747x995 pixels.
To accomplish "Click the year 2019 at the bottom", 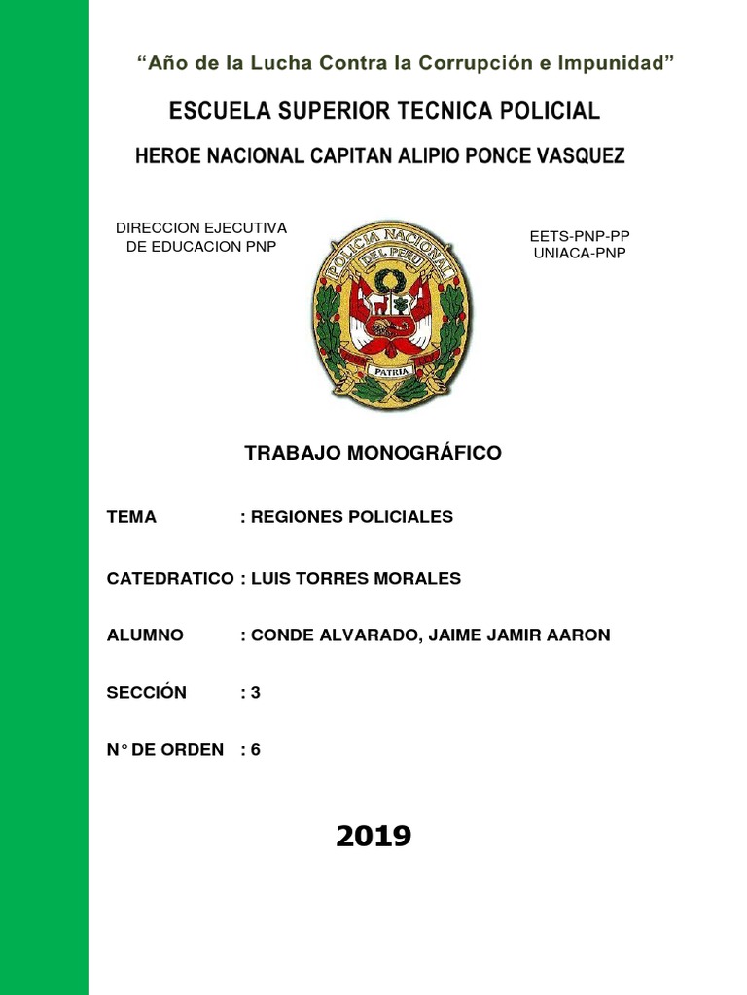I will (x=373, y=836).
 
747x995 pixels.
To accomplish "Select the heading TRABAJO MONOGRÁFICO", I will (x=373, y=453).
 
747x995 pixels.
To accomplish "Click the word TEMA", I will (x=131, y=517).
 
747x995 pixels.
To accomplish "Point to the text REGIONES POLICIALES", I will (x=351, y=517).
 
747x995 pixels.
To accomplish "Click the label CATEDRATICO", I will (x=169, y=579).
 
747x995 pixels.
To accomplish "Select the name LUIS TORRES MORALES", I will (x=356, y=579).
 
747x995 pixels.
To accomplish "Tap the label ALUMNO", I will (x=145, y=635).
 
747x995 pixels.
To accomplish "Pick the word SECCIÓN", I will (x=146, y=693).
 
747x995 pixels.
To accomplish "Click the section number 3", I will (x=256, y=693).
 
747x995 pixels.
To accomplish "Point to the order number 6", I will (x=256, y=750).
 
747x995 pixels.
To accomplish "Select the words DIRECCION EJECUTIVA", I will (x=201, y=228).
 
